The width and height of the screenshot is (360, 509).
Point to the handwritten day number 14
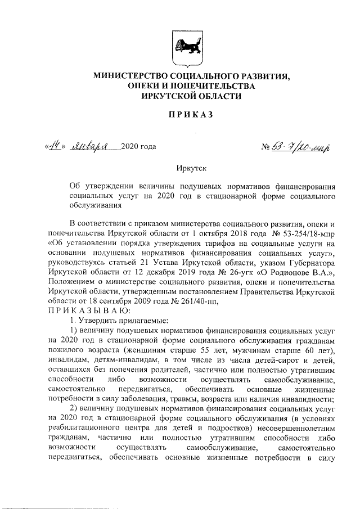pyautogui.click(x=55, y=148)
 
